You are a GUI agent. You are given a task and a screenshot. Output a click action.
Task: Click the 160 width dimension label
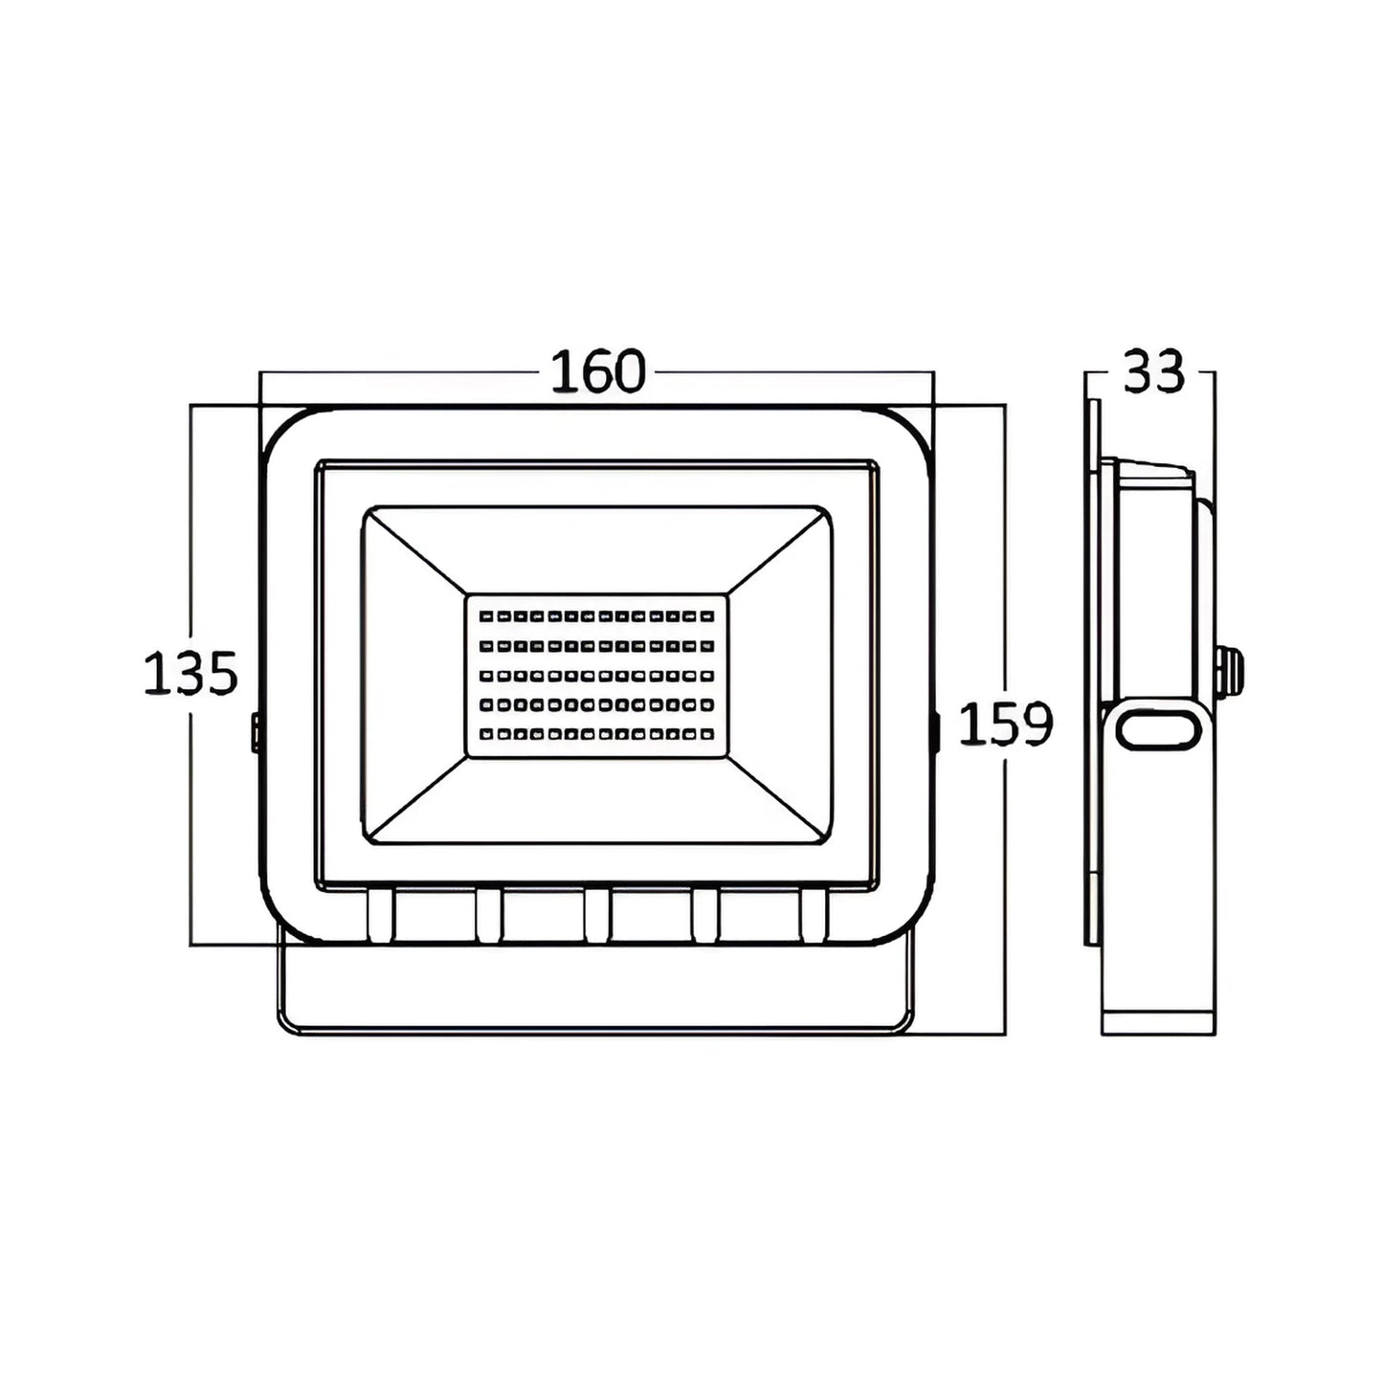(598, 371)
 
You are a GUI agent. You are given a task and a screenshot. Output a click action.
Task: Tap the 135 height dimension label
(190, 673)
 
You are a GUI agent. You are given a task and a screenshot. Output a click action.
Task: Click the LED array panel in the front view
(596, 676)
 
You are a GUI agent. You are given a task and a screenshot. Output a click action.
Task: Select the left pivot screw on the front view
(255, 732)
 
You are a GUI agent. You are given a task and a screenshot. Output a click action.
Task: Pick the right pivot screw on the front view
(937, 732)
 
